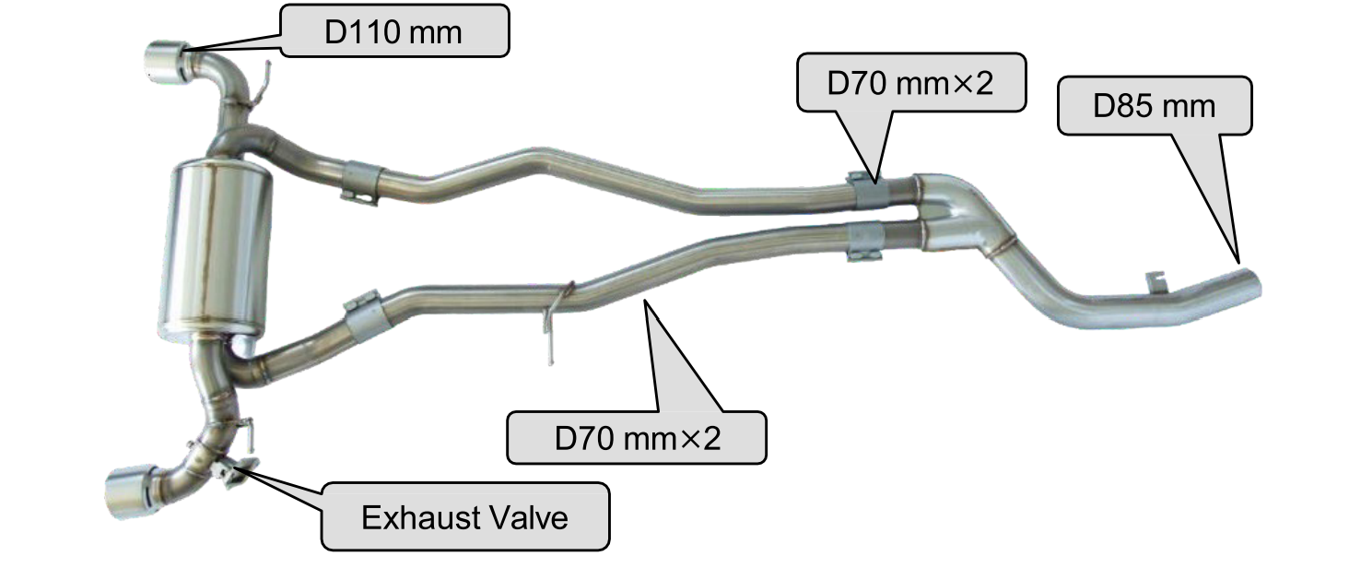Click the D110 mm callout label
[394, 31]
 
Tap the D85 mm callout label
[1155, 106]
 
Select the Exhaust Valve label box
[465, 516]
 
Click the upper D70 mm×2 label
[910, 82]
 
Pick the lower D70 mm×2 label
[637, 438]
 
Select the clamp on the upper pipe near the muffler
[361, 182]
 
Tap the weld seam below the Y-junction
[1003, 249]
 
